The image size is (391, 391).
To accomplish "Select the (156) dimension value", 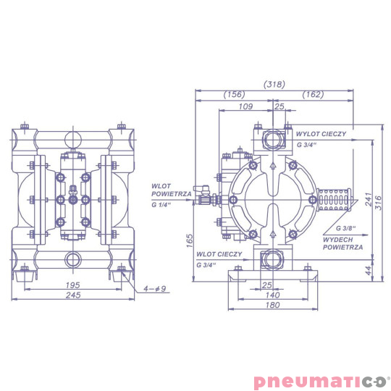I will click(x=233, y=94).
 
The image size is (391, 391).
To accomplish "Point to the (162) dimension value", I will click(x=313, y=94).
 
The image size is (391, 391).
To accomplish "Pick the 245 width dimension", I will click(x=72, y=297).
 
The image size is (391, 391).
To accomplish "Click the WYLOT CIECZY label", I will click(x=324, y=135).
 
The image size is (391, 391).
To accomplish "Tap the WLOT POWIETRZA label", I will click(x=171, y=190).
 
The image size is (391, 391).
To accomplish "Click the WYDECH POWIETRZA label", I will click(x=342, y=243).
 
